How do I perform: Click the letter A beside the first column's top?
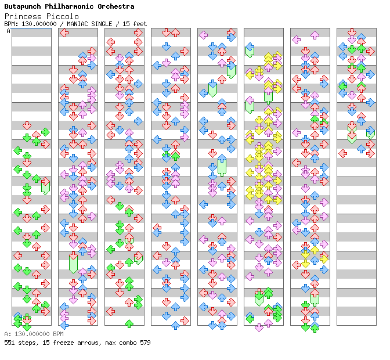[8, 31]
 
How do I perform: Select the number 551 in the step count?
[9, 343]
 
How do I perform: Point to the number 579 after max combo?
[145, 343]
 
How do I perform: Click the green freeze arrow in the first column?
[45, 187]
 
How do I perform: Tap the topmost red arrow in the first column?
[27, 125]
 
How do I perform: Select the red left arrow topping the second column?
[64, 33]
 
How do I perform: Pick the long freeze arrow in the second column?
[73, 262]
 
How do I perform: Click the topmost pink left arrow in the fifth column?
[203, 35]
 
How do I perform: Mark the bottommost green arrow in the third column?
[129, 323]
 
